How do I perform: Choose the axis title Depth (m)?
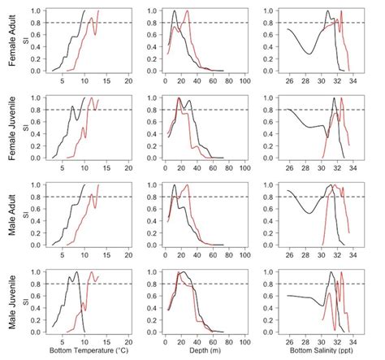point(203,351)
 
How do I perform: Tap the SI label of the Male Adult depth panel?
point(140,215)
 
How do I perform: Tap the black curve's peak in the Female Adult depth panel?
point(175,11)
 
